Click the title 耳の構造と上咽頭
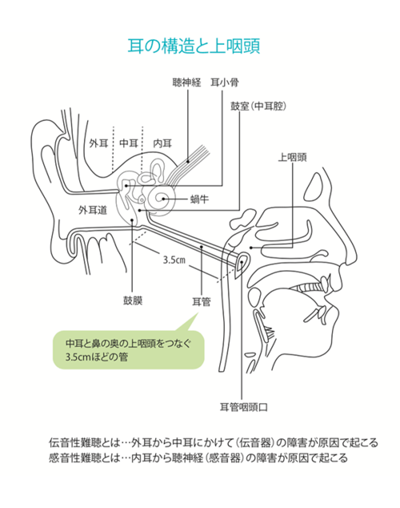click(194, 46)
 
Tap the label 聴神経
click(186, 83)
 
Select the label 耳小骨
click(225, 83)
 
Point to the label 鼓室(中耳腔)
click(258, 106)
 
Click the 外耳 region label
click(98, 143)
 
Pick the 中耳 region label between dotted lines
click(129, 143)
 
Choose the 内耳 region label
click(162, 143)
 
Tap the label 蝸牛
click(199, 199)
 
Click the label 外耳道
click(93, 210)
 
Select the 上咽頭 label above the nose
click(292, 158)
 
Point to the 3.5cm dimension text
click(174, 260)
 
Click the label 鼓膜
click(133, 300)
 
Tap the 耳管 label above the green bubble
click(202, 302)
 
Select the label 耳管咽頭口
click(244, 407)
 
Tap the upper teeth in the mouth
click(312, 286)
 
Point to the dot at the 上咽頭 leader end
click(251, 248)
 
